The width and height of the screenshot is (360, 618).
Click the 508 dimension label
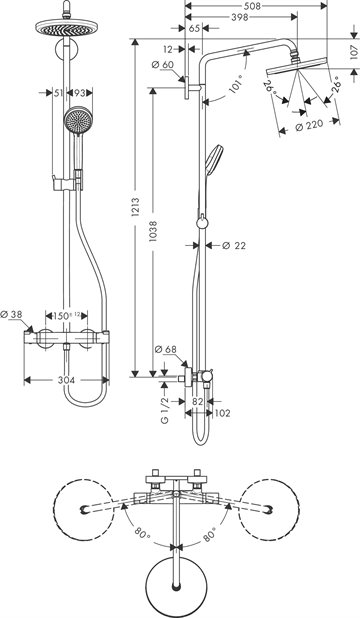256,6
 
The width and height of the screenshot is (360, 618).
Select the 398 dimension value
241,17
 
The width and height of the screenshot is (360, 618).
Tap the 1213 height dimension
136,207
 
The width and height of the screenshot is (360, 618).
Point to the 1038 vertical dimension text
153,231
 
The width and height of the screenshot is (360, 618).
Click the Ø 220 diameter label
310,125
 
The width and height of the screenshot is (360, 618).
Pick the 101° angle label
236,86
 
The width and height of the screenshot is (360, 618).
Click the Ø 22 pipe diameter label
234,246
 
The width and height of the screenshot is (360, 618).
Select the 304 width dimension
66,380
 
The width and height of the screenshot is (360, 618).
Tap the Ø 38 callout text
11,315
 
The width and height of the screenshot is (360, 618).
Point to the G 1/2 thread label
165,410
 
